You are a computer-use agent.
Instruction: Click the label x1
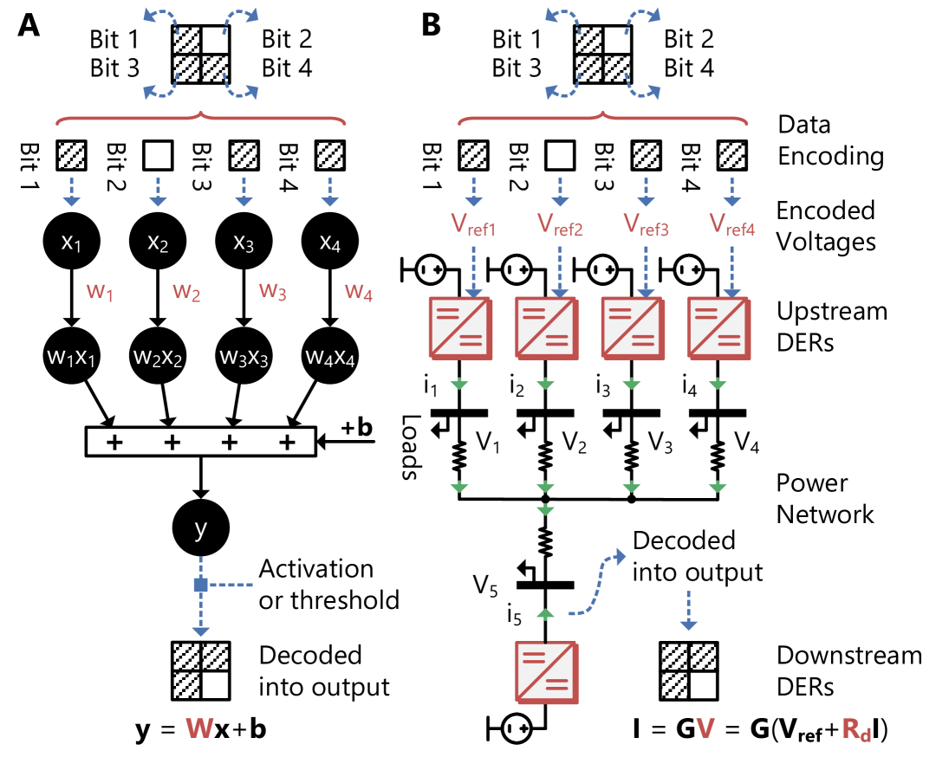click(x=71, y=243)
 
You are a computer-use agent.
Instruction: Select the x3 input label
click(x=244, y=243)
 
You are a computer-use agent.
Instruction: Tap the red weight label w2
click(x=186, y=292)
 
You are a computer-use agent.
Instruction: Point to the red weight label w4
click(x=359, y=292)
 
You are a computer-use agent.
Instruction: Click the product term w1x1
click(x=71, y=357)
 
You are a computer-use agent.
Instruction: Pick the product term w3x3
click(x=244, y=357)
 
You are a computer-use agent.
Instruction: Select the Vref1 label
click(x=472, y=224)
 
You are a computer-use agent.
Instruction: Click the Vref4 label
click(x=732, y=224)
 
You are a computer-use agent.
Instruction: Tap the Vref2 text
click(x=559, y=224)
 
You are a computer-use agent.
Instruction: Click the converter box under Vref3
click(x=632, y=327)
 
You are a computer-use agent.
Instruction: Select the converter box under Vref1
click(x=460, y=327)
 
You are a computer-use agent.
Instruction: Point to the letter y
click(x=201, y=528)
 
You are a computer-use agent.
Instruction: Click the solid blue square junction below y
click(x=200, y=586)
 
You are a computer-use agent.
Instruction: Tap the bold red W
click(x=199, y=728)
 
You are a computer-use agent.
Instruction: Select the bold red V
click(x=705, y=728)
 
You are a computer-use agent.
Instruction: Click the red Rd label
click(x=856, y=729)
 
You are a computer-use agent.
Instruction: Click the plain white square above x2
click(x=158, y=156)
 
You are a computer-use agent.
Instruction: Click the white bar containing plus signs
click(x=200, y=442)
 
